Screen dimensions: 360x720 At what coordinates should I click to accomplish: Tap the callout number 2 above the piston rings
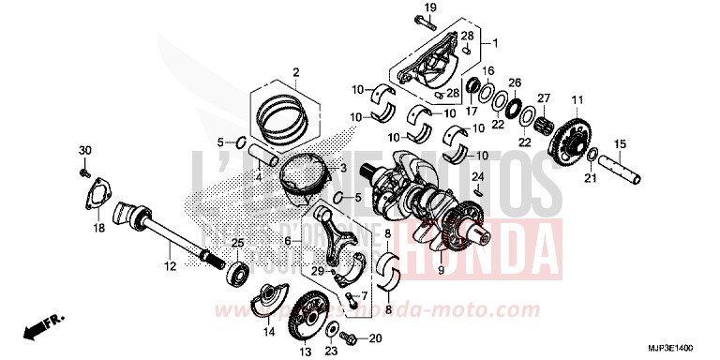point(295,71)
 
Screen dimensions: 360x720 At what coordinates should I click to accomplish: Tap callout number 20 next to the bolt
point(375,337)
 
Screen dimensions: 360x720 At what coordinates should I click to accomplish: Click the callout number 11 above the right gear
point(577,99)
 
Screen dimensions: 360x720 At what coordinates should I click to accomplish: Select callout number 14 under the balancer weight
point(268,332)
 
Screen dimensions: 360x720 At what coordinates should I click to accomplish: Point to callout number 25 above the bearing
point(237,243)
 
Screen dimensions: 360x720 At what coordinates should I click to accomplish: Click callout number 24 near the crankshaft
point(476,176)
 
